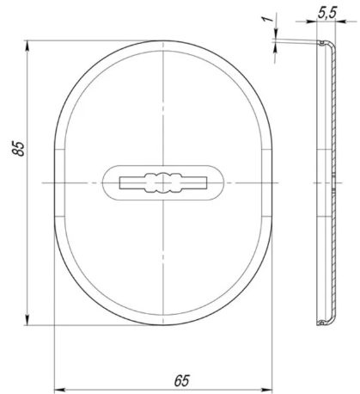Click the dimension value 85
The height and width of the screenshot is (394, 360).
(19, 148)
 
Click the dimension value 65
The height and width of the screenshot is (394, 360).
(182, 380)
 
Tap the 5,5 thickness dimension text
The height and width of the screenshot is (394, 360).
(326, 13)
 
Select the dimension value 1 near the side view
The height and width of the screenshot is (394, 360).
(267, 19)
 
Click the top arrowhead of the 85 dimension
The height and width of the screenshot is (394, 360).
(27, 46)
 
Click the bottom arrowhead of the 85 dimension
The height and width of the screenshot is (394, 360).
(27, 320)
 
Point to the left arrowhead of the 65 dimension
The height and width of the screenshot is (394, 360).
(59, 390)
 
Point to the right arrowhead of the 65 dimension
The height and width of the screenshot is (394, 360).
(267, 390)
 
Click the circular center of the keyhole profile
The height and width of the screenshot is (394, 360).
(163, 182)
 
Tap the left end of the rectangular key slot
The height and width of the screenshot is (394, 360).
(120, 182)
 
